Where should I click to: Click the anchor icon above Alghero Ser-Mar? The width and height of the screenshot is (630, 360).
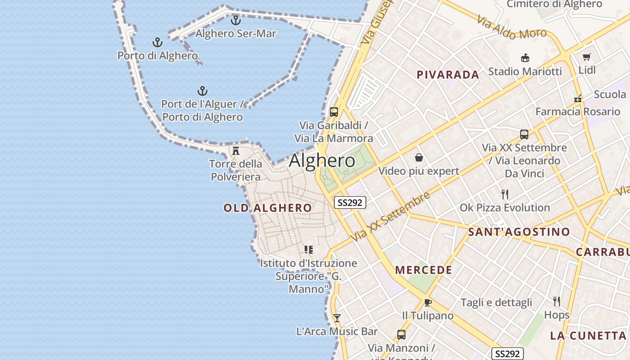click(236, 20)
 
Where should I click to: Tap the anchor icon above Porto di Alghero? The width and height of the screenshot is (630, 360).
click(157, 43)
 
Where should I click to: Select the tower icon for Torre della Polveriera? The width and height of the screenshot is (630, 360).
click(236, 150)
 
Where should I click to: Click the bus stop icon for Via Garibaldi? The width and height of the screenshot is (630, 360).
click(333, 112)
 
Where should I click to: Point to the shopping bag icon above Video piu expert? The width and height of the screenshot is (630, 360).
click(419, 157)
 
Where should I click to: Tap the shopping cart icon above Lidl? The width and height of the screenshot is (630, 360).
click(586, 57)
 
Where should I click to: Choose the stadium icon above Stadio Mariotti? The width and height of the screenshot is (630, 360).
click(525, 58)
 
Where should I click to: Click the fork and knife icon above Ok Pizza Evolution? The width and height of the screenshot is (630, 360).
click(505, 194)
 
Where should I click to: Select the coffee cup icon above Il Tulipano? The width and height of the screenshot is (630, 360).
click(427, 302)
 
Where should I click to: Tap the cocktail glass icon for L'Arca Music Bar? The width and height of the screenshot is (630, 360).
click(337, 318)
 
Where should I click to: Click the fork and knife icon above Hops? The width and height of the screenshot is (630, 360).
click(557, 301)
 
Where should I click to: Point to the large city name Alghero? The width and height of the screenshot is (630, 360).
click(322, 161)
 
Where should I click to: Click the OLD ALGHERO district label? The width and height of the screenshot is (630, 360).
click(267, 208)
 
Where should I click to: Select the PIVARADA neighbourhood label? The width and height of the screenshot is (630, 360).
click(448, 75)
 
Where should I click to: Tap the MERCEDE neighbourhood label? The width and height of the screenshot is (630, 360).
click(423, 270)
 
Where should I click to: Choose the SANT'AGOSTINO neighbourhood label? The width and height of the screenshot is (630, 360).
click(519, 232)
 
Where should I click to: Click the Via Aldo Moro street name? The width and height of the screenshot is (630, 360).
click(512, 27)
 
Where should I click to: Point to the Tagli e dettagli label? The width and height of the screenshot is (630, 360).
click(496, 302)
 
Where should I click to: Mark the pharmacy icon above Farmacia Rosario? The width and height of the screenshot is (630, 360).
click(578, 99)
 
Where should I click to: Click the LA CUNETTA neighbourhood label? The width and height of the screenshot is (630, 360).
click(588, 336)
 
